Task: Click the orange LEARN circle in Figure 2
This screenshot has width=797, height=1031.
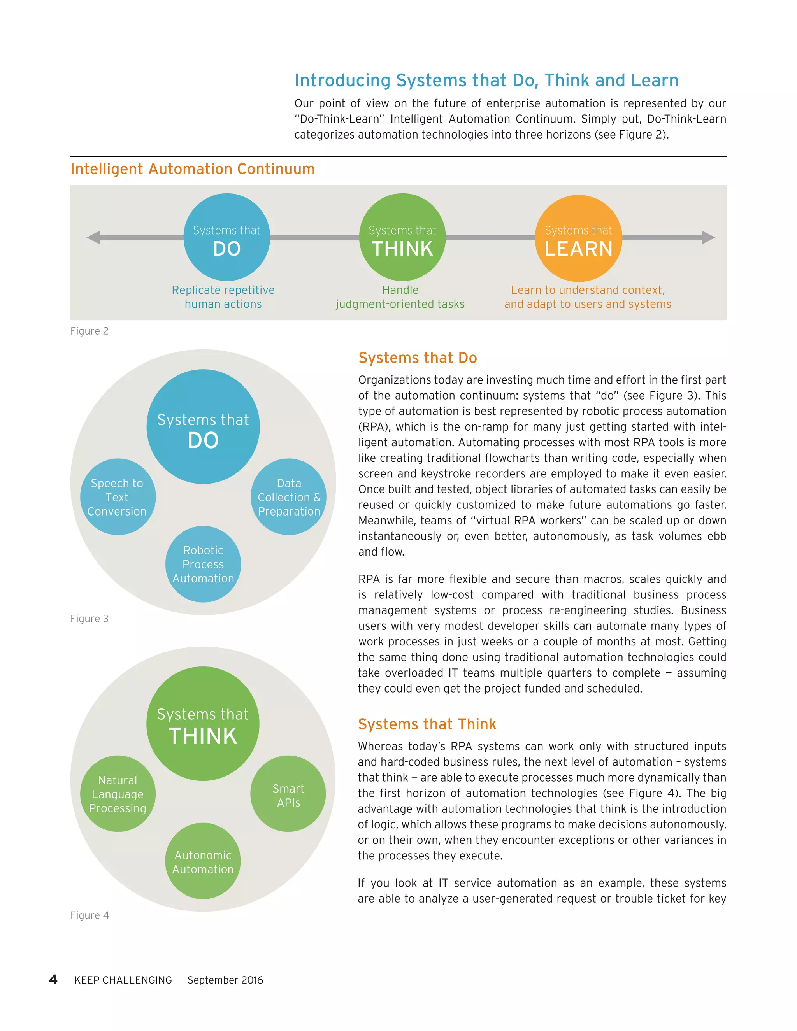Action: pyautogui.click(x=578, y=238)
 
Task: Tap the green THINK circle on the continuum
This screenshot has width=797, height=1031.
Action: pyautogui.click(x=402, y=237)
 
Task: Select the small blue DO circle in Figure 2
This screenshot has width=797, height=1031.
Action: pyautogui.click(x=226, y=237)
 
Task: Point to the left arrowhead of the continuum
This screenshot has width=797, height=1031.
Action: pyautogui.click(x=93, y=237)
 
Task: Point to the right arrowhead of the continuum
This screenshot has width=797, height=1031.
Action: pyautogui.click(x=708, y=237)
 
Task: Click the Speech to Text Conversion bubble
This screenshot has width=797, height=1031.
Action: pyautogui.click(x=117, y=497)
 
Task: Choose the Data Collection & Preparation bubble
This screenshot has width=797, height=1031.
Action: pyautogui.click(x=288, y=497)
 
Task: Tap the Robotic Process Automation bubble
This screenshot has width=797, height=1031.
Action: pyautogui.click(x=203, y=564)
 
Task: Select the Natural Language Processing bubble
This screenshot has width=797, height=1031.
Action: pyautogui.click(x=118, y=794)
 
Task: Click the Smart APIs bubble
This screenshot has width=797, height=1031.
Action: pyautogui.click(x=288, y=796)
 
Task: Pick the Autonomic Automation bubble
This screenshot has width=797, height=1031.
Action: pyautogui.click(x=203, y=862)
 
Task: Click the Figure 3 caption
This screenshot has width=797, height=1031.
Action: pyautogui.click(x=89, y=619)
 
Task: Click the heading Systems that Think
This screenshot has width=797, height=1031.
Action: pyautogui.click(x=427, y=724)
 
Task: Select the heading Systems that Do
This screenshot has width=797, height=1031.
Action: pyautogui.click(x=418, y=358)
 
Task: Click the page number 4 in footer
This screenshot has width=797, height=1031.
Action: pyautogui.click(x=53, y=980)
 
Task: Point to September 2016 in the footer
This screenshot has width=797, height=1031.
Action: pyautogui.click(x=225, y=980)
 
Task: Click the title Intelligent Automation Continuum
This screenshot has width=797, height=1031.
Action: pyautogui.click(x=193, y=169)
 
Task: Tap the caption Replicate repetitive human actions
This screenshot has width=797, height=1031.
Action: pyautogui.click(x=223, y=297)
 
